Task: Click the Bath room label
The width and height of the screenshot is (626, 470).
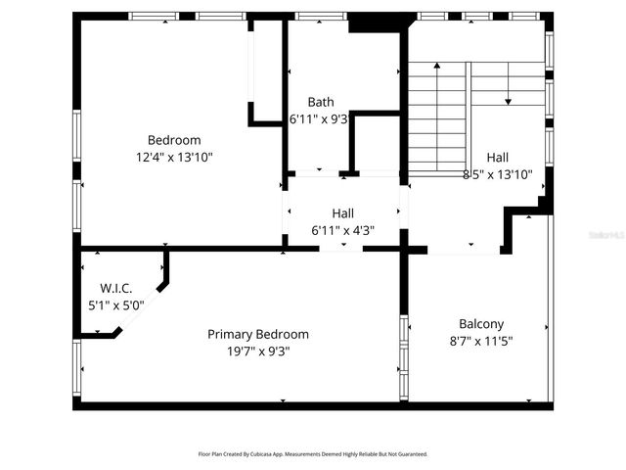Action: [x=321, y=102]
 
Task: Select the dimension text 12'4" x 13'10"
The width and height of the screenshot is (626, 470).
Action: [x=174, y=157]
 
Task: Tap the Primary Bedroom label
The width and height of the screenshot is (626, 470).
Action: [x=258, y=334]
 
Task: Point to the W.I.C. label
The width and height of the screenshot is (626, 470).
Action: [x=116, y=288]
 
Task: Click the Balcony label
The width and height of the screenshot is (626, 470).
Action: [x=481, y=324]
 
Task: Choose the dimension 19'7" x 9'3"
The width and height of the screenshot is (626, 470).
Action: [x=258, y=351]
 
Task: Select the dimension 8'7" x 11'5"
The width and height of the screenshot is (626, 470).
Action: [x=480, y=341]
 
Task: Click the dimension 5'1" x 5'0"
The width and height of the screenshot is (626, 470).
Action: [x=116, y=305]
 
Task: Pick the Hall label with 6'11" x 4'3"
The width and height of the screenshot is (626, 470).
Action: [x=342, y=213]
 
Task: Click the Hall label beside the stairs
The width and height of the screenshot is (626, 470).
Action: [x=497, y=158]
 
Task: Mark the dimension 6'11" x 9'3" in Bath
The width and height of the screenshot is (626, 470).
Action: [x=317, y=118]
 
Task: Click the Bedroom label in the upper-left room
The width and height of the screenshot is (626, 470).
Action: [x=174, y=140]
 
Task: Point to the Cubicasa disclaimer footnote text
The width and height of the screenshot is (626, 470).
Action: [x=313, y=454]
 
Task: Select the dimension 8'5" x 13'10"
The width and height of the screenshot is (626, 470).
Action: [x=497, y=174]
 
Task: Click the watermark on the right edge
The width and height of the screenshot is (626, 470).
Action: [x=606, y=235]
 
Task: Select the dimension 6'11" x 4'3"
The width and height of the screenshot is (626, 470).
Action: [x=342, y=231]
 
